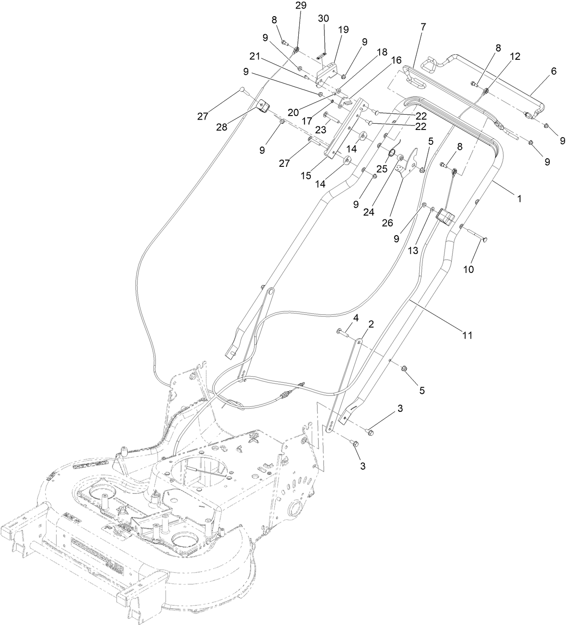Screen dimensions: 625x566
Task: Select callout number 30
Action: click(x=323, y=18)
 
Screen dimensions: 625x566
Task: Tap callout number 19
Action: click(x=343, y=30)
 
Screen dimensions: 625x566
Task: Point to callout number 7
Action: click(x=422, y=27)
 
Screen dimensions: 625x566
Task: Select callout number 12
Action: click(x=515, y=56)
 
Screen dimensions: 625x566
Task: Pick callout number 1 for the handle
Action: click(x=519, y=198)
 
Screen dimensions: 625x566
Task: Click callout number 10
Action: click(x=468, y=269)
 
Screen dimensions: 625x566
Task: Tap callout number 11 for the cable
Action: click(x=468, y=335)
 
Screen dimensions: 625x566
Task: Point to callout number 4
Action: click(x=355, y=318)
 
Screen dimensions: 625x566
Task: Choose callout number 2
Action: click(x=371, y=324)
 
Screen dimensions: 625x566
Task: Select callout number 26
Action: click(x=387, y=223)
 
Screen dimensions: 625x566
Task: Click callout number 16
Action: click(x=396, y=59)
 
